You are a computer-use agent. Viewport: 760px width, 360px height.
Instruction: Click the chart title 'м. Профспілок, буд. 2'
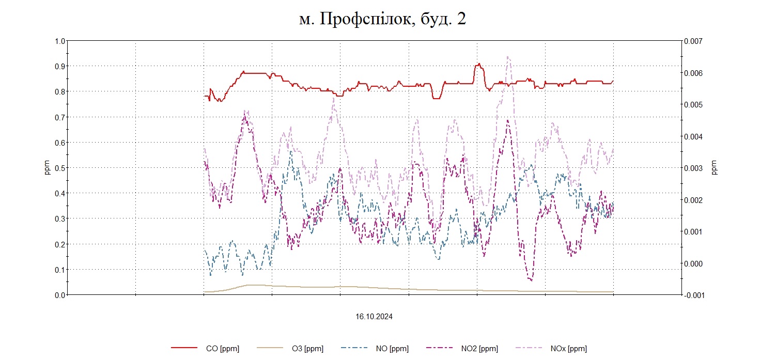(x=382, y=19)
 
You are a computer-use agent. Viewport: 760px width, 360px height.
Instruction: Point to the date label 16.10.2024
(x=374, y=317)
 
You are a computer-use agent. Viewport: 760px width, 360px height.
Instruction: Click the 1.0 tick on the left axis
(x=60, y=41)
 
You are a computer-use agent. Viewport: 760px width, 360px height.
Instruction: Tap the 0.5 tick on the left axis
(x=60, y=168)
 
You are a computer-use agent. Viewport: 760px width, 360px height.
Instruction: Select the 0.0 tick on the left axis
(x=60, y=295)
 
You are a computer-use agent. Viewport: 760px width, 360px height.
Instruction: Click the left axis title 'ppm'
(x=47, y=168)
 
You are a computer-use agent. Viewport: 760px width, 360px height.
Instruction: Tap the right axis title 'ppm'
(x=715, y=168)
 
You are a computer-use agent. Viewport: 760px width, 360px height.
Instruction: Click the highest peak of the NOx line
(x=508, y=57)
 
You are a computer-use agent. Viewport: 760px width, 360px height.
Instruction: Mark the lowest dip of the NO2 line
(x=531, y=280)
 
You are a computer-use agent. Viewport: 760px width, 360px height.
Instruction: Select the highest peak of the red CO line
(x=479, y=64)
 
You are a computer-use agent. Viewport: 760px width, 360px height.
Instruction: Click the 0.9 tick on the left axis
(x=60, y=66)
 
